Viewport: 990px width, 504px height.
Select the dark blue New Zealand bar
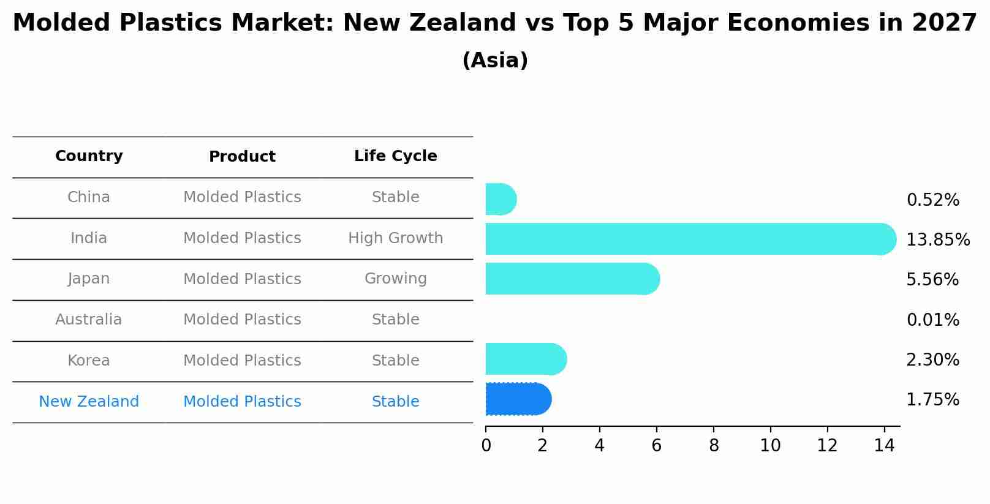[518, 399]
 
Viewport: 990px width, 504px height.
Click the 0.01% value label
[932, 320]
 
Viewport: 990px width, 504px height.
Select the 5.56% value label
[932, 279]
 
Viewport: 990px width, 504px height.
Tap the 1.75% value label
[932, 399]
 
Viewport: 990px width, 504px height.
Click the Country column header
[89, 156]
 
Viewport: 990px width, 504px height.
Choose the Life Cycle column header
[395, 156]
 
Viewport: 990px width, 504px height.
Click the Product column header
[242, 157]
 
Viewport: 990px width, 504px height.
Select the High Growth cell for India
[395, 238]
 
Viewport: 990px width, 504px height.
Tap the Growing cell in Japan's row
[395, 279]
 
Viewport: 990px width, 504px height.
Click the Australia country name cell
[89, 320]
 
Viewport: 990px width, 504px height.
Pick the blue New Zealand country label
[89, 402]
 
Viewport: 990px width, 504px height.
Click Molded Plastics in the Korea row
[242, 361]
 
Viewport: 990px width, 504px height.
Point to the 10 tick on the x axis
[770, 446]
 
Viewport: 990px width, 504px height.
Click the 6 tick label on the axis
[656, 446]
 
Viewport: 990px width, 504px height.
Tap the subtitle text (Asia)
[495, 61]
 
